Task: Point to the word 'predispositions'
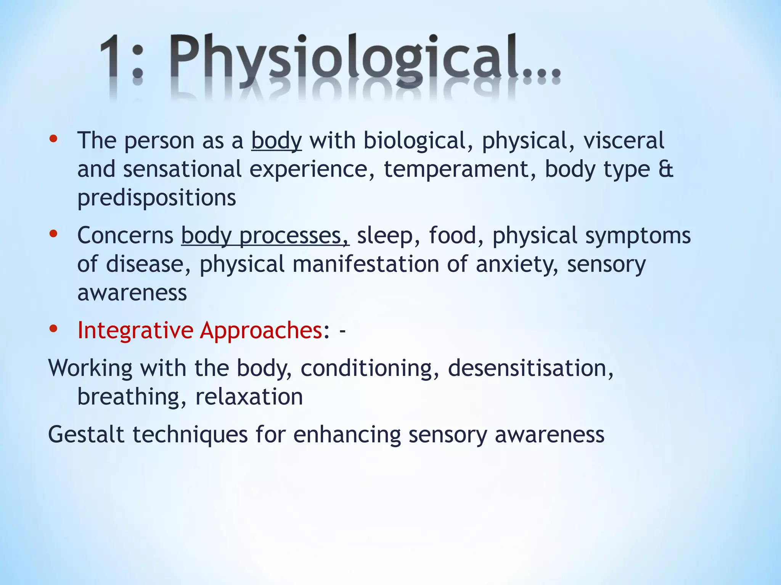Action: [x=157, y=198]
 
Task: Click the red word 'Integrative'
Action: [x=135, y=330]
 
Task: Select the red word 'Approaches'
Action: [x=262, y=330]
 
